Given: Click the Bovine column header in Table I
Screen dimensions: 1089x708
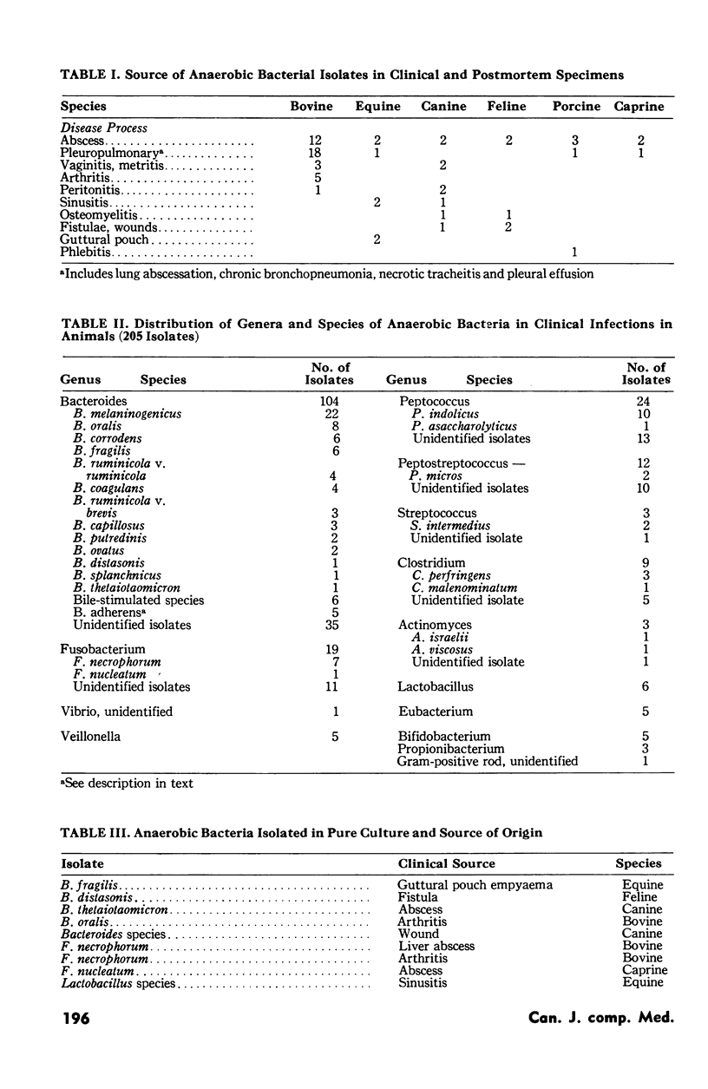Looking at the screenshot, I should (x=311, y=107).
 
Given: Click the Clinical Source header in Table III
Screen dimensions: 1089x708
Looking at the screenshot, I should (x=446, y=863).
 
